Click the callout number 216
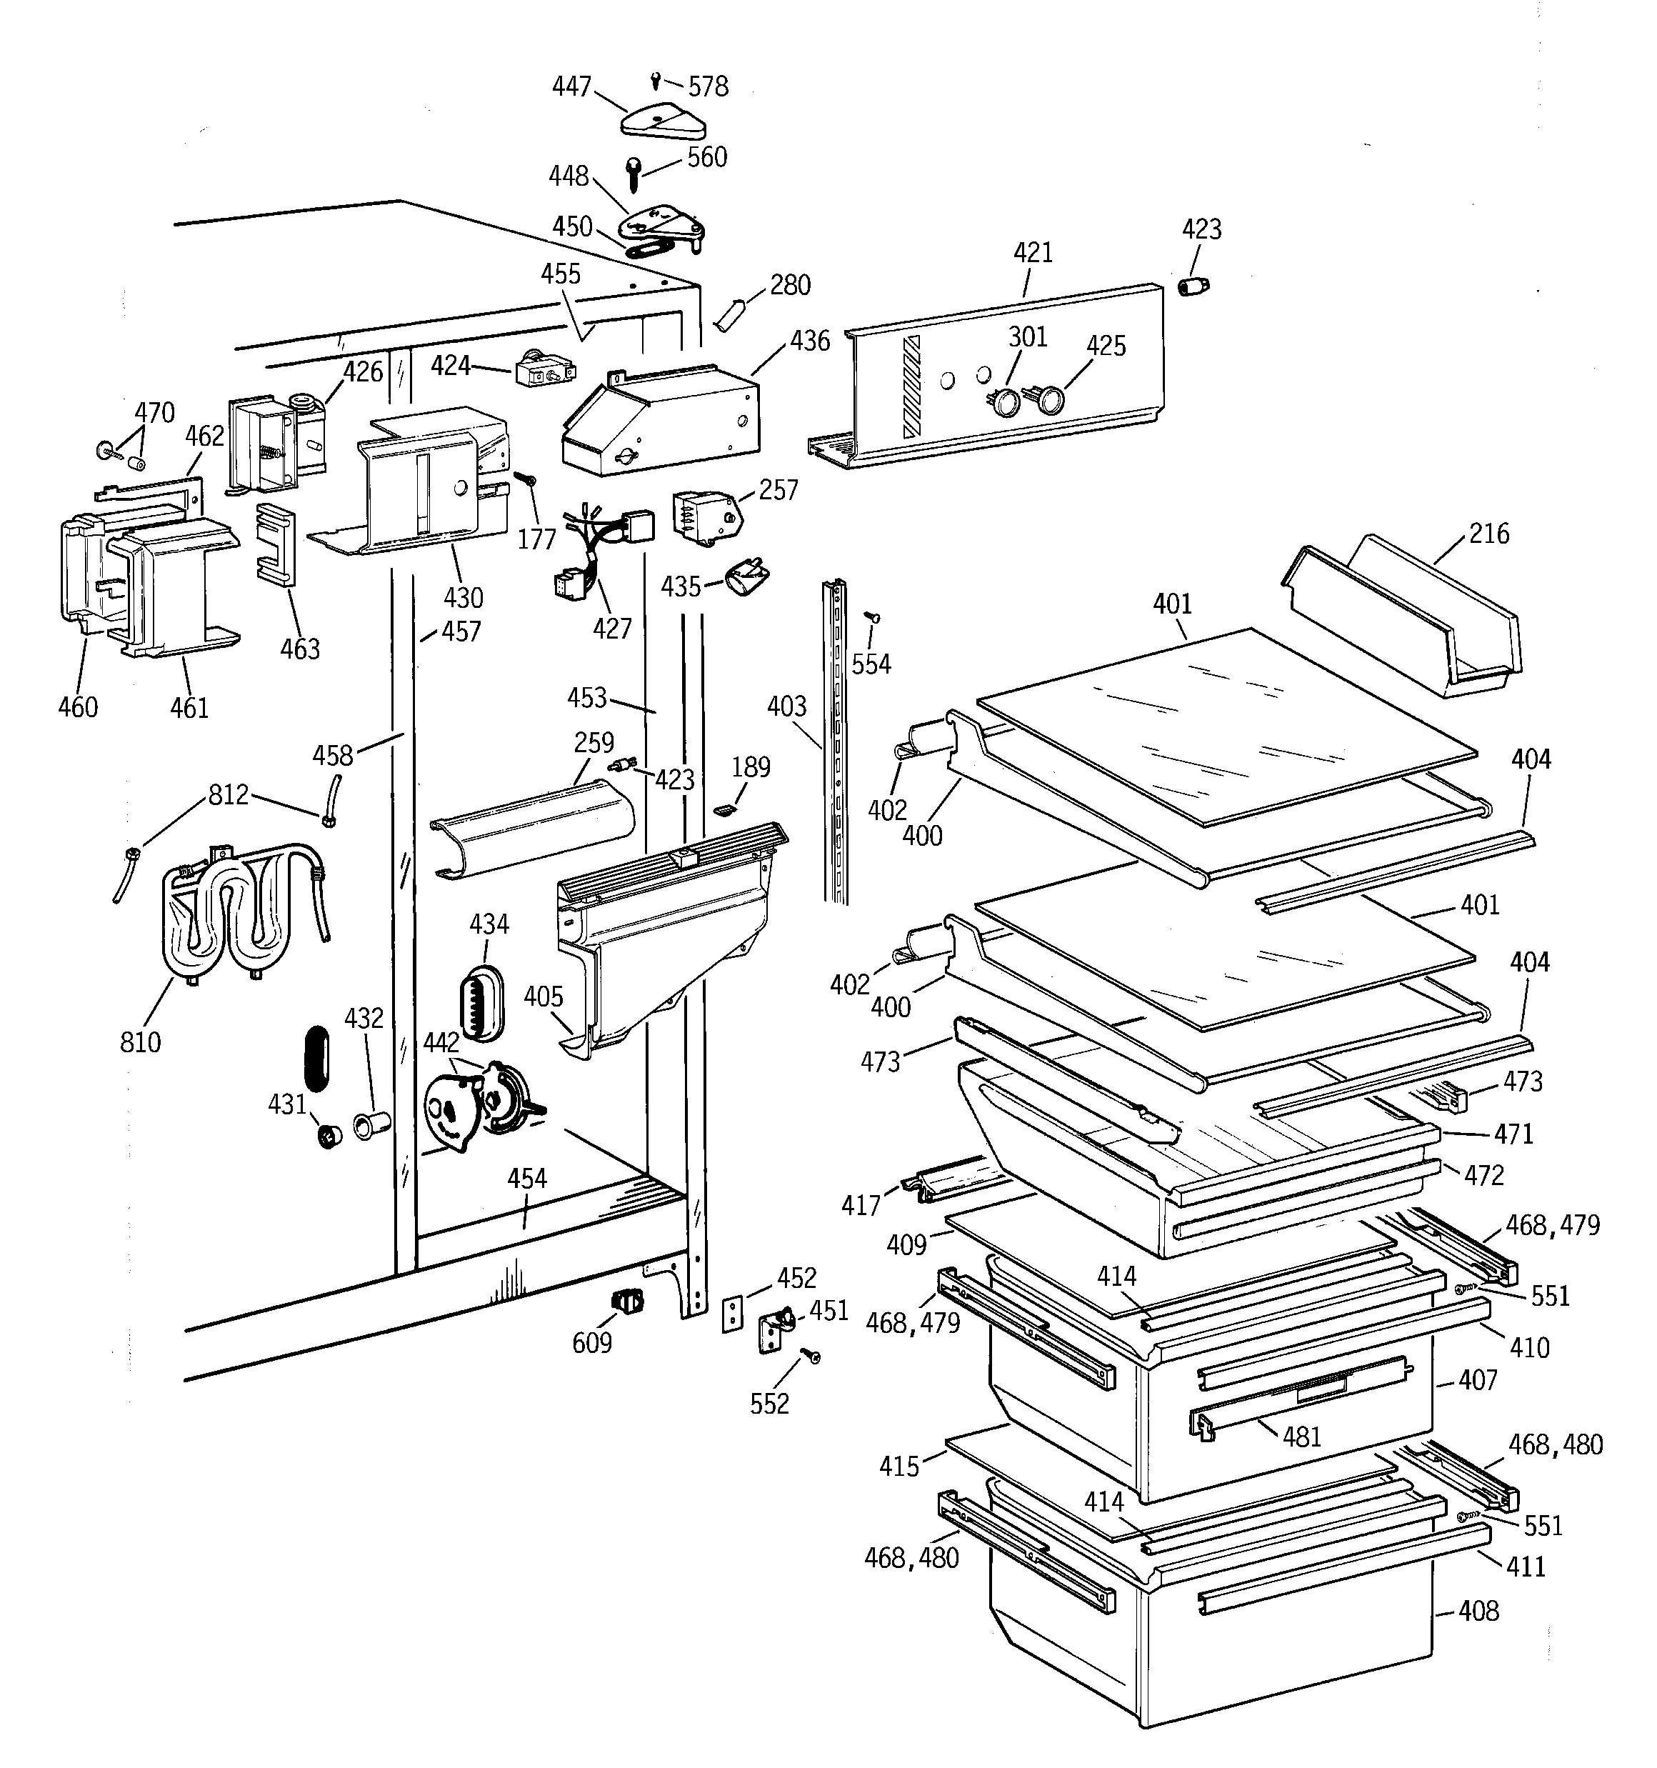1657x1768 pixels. pos(1489,534)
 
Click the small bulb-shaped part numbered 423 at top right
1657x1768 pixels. pos(1193,286)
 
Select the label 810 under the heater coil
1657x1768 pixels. pos(141,1042)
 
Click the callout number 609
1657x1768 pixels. pos(592,1342)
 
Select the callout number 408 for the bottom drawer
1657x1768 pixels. pos(1478,1611)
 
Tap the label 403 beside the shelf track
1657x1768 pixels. pos(786,707)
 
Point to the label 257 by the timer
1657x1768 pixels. pos(779,490)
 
